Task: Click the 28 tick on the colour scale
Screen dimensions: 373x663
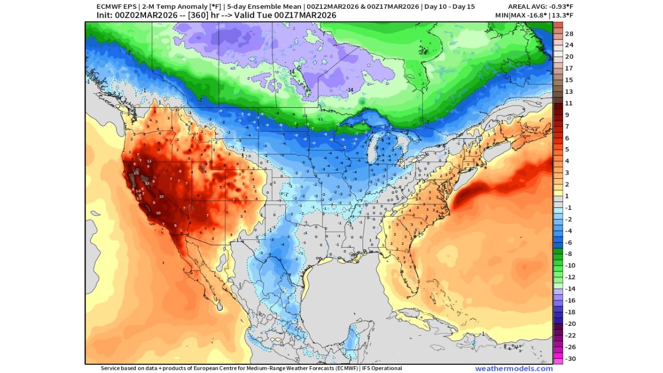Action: coord(568,34)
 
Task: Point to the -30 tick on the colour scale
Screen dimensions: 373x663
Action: coord(568,358)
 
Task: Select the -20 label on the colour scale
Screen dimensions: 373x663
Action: coord(568,324)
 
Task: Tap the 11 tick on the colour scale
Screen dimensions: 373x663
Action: coord(568,103)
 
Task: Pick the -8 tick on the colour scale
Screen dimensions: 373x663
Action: coord(568,254)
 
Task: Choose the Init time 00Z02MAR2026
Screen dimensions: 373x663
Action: coord(143,15)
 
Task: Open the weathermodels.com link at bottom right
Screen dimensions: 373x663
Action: coord(513,368)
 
